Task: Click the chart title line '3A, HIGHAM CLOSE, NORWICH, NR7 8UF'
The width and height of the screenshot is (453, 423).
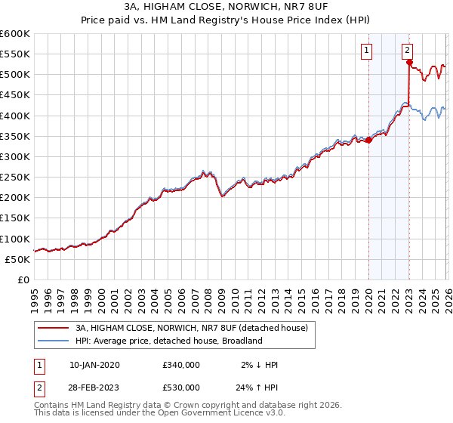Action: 226,8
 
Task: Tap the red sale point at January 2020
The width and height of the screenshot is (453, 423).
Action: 368,140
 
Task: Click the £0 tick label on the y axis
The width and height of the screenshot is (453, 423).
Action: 23,279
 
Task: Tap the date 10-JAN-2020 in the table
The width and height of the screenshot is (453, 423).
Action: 94,365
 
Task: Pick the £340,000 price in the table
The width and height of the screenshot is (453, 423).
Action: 181,365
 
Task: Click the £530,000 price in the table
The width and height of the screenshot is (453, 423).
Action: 181,387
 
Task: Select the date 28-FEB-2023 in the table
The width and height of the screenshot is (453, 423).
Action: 94,387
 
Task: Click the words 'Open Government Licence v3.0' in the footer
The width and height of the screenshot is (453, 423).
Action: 219,414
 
